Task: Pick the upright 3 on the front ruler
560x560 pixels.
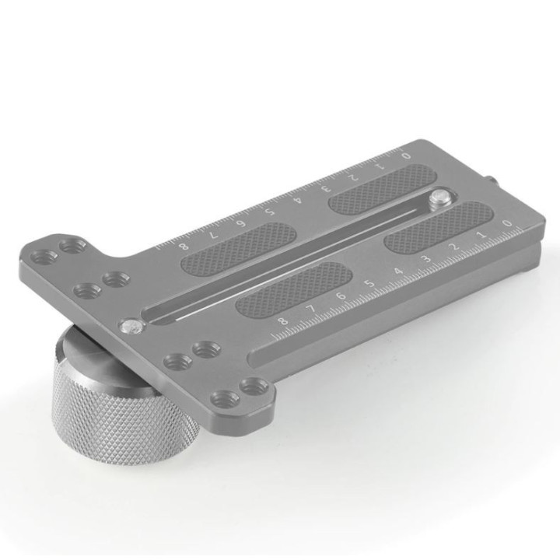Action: click(425, 259)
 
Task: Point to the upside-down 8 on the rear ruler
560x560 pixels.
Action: click(184, 247)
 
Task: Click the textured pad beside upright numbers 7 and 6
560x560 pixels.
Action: click(294, 284)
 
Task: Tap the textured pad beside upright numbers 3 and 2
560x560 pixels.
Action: click(439, 226)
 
